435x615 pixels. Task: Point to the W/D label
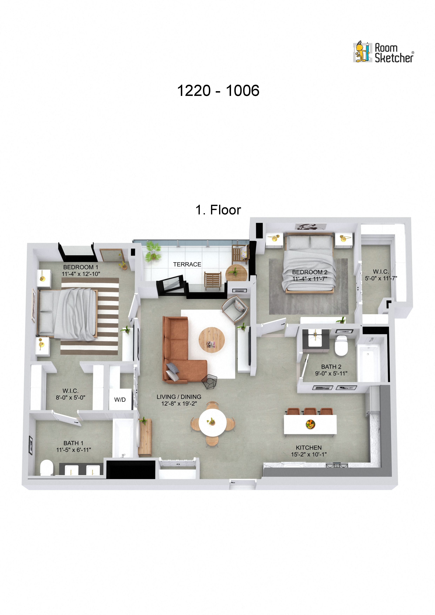[x=120, y=400]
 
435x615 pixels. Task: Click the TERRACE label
[x=187, y=264]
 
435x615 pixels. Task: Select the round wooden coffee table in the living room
[x=212, y=339]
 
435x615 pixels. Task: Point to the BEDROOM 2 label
[x=310, y=272]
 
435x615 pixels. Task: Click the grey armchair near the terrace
[x=235, y=309]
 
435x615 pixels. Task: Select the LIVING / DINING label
[x=179, y=397]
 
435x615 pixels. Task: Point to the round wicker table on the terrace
[x=236, y=273]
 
